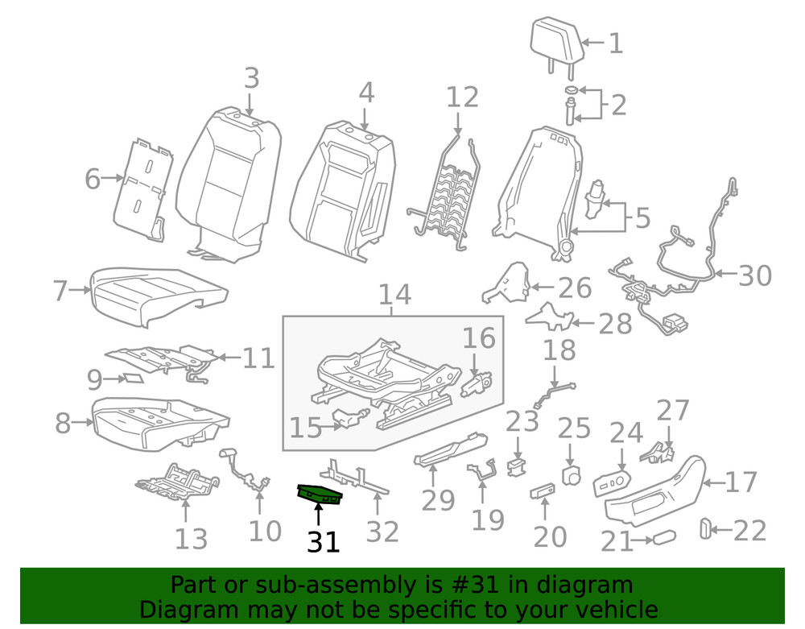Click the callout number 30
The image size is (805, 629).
pos(754,275)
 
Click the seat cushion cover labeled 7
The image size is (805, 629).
pos(157,294)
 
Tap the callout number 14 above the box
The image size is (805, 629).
pos(394,295)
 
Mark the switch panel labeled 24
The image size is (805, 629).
pos(613,482)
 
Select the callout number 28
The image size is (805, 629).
pos(615,324)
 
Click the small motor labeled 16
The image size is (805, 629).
pos(477,384)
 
